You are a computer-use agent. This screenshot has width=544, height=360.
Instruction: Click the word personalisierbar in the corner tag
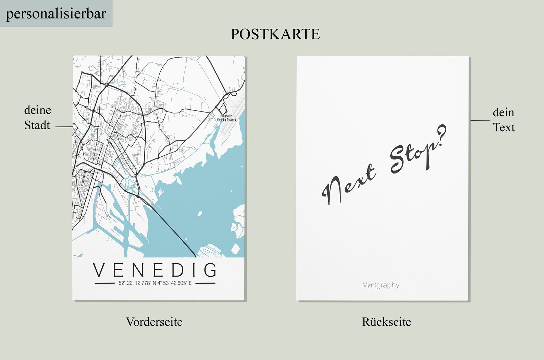[x=56, y=14]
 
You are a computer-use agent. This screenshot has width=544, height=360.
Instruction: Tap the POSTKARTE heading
[x=275, y=34]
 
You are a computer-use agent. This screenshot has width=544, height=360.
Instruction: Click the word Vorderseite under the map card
[x=154, y=322]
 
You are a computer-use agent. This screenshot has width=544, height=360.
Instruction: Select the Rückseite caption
[x=386, y=322]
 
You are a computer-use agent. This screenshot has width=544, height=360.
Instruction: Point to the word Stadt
[x=37, y=125]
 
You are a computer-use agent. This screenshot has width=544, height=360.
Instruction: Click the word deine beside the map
[x=38, y=110]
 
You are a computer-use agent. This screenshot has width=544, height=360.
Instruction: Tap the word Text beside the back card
[x=504, y=128]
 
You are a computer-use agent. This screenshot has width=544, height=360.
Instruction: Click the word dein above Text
[x=503, y=112]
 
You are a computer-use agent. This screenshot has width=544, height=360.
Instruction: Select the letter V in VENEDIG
[x=100, y=270]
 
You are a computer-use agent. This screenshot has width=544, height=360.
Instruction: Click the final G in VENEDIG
[x=210, y=270]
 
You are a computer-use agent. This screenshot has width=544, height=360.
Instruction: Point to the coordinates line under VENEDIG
[x=155, y=283]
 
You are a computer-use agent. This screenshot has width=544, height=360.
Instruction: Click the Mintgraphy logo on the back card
[x=381, y=285]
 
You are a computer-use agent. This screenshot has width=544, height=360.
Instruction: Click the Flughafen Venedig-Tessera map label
[x=226, y=118]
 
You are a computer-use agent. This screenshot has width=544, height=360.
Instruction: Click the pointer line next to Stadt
[x=64, y=127]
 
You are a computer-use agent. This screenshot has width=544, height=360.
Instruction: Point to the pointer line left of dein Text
[x=480, y=120]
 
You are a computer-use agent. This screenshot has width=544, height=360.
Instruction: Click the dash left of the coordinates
[x=104, y=284]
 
